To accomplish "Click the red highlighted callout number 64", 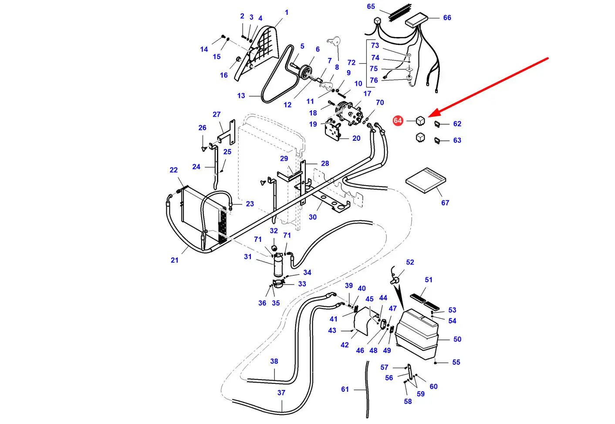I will click(398, 121).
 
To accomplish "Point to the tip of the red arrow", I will click(429, 116).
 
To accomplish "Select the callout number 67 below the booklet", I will click(445, 203).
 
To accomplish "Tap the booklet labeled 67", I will click(426, 180).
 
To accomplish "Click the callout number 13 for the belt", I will click(241, 96).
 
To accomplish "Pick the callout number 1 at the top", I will click(287, 13).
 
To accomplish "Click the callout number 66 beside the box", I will click(447, 18).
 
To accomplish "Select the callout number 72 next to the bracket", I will click(351, 63).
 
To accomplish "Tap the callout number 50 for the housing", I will click(457, 339).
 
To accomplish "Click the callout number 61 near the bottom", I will click(345, 389).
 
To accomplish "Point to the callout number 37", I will click(281, 393).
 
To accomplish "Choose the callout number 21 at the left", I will click(174, 260).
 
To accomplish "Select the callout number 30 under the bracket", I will click(313, 217).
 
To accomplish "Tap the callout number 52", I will click(410, 262).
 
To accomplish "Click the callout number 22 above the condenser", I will click(173, 170).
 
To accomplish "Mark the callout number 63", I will click(457, 140).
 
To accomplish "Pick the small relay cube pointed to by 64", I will click(420, 121).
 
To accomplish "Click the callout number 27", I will click(216, 115).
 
